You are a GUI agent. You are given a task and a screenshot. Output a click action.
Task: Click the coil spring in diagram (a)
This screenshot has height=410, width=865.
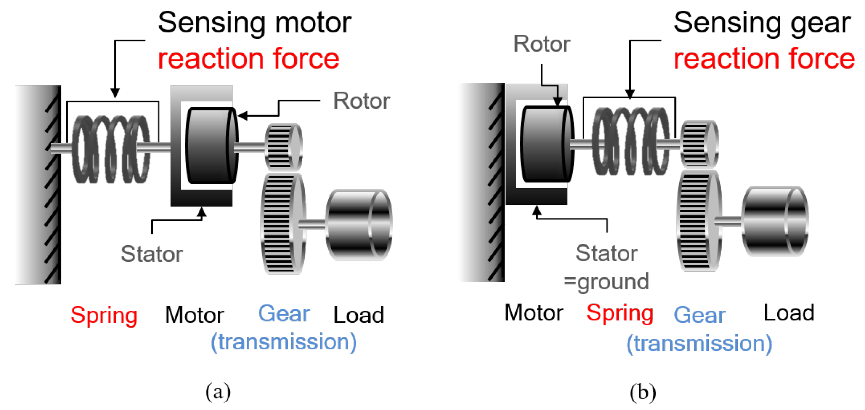coord(111,149)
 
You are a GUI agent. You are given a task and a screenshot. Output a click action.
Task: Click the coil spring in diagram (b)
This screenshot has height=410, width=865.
coord(630,141)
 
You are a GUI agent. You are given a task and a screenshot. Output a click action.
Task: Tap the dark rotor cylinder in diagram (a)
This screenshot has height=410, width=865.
coord(211,146)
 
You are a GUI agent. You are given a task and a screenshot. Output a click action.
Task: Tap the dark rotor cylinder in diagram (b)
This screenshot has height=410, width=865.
coord(546,144)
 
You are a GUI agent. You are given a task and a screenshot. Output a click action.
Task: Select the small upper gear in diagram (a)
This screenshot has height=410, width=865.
coord(283,147)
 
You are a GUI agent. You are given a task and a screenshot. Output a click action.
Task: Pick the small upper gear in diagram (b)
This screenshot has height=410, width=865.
coord(699,144)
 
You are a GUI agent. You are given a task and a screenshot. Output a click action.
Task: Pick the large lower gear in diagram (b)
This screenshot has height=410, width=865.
coord(699,221)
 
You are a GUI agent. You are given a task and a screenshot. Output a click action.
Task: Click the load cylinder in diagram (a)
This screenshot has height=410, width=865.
coord(359,225)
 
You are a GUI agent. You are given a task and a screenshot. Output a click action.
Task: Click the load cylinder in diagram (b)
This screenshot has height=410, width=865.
coord(775,222)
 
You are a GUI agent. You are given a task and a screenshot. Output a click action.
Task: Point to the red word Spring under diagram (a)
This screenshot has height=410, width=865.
coord(104,316)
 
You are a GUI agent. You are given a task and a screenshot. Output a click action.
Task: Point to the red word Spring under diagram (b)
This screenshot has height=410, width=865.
coord(620,313)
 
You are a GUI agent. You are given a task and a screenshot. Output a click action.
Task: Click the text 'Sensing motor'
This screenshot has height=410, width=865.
coord(255,23)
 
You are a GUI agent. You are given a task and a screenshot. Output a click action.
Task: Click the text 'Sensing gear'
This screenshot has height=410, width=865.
coord(762,23)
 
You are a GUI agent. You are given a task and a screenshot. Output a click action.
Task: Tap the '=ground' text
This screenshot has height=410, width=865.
coord(606,281)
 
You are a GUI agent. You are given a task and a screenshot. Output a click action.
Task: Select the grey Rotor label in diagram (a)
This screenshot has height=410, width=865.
coord(361,101)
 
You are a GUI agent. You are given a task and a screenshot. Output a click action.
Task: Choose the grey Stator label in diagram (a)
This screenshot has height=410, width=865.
coord(152,254)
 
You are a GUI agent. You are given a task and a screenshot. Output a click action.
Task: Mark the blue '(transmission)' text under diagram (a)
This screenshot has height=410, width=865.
coord(284,342)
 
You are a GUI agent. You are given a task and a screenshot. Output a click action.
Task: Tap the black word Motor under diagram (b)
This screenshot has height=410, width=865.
coord(533,312)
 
